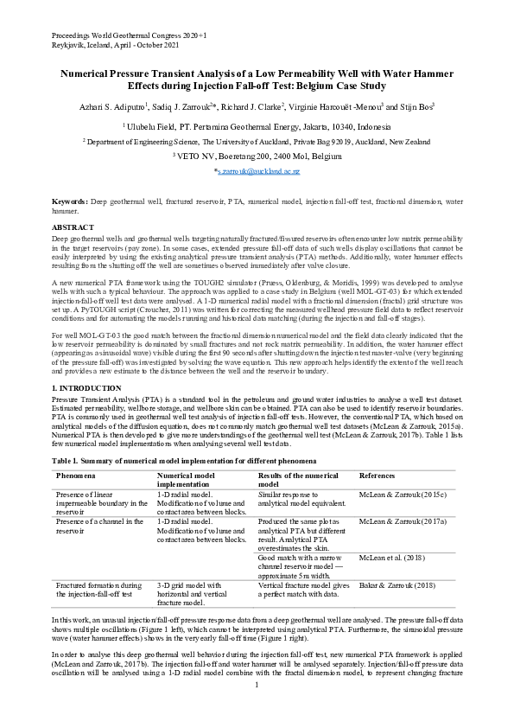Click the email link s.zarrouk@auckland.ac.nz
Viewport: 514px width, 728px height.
coord(257,172)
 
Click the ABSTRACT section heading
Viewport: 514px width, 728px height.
coord(73,227)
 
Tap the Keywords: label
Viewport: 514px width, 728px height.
coord(70,200)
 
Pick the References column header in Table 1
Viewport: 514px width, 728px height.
coord(378,476)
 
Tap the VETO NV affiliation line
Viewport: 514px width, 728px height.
coord(257,156)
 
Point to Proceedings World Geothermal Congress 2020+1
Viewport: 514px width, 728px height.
coord(129,32)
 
